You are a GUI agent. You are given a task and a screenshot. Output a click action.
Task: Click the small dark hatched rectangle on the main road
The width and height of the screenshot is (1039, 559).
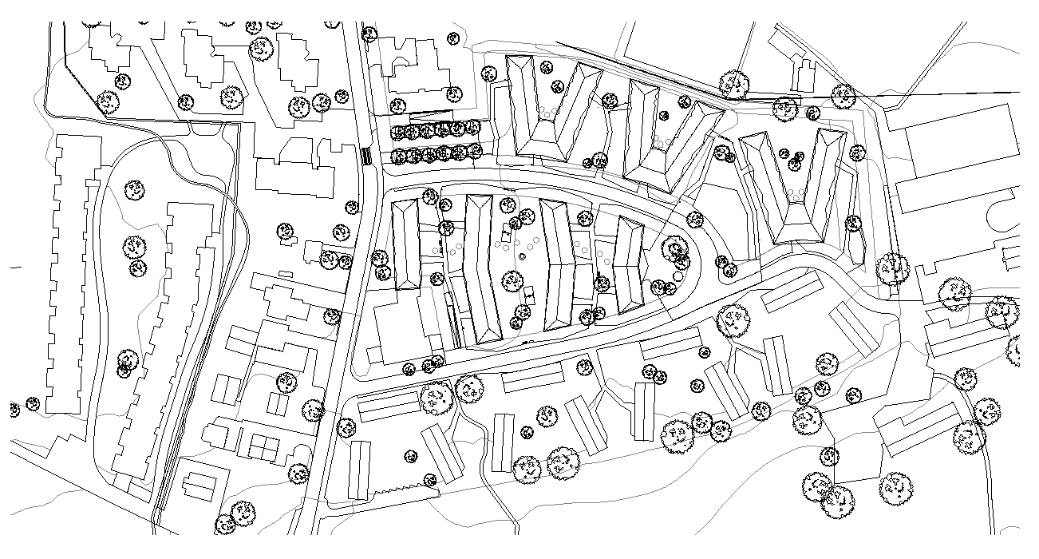366,156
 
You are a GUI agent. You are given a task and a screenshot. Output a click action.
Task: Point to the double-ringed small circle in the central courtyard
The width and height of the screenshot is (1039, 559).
523,256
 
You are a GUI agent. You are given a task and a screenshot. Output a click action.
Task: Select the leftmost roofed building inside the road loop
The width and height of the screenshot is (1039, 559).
406,244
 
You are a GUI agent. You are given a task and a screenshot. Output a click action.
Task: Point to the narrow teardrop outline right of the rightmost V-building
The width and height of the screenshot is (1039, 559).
857,240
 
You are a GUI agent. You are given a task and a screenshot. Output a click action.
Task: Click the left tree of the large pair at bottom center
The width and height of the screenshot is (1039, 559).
528,469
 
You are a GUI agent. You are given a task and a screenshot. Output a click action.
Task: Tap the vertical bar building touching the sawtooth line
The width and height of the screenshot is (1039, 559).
360,470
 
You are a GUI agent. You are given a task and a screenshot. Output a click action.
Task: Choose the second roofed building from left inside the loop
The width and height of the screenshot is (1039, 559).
482,268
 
